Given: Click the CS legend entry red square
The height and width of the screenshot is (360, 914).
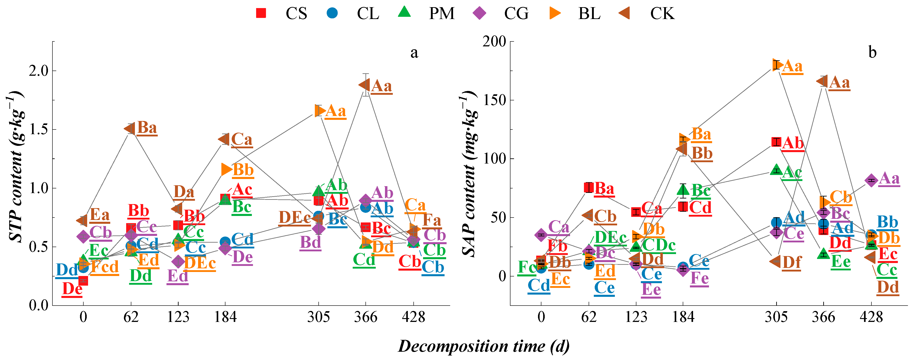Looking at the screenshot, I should click(261, 13).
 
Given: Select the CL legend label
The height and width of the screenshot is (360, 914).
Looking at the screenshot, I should click(368, 13).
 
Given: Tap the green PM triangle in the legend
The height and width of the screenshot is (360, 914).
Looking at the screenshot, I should click(404, 12).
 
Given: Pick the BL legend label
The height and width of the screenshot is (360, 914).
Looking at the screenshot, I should click(589, 13).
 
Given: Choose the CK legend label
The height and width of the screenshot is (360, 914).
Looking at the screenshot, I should click(662, 13).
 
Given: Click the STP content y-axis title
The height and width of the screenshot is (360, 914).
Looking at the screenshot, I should click(16, 167).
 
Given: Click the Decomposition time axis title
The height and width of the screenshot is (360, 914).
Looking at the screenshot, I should click(484, 346).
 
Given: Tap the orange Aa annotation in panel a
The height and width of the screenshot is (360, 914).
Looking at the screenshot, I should click(335, 111).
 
